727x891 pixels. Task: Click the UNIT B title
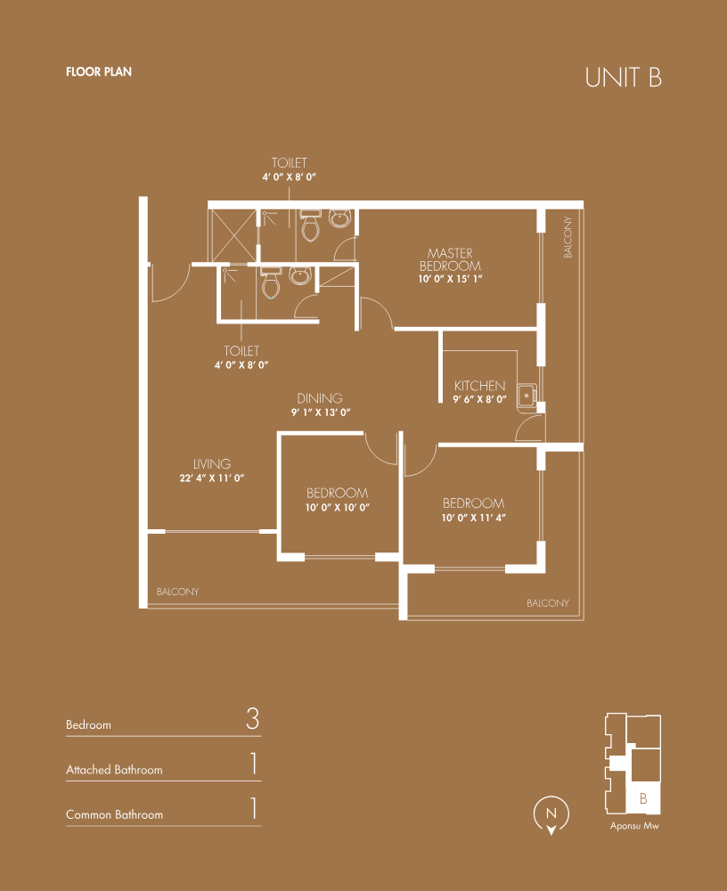[x=624, y=78]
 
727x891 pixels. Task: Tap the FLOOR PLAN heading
[x=99, y=71]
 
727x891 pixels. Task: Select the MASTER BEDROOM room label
[x=450, y=259]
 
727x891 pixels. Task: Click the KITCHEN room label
[x=479, y=386]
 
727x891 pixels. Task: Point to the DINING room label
[x=320, y=398]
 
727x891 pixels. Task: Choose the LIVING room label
[x=212, y=463]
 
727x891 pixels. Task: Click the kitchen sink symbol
[x=527, y=395]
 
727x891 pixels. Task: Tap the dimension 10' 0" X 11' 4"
[x=473, y=518]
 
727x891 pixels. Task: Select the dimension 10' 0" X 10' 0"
[x=338, y=508]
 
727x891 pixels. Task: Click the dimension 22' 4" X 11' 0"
[x=212, y=478]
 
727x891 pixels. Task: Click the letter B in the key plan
[x=643, y=798]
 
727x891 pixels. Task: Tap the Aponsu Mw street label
[x=634, y=826]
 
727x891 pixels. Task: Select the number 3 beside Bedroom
[x=253, y=719]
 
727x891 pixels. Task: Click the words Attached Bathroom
[x=114, y=770]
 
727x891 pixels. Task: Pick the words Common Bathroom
[x=114, y=815]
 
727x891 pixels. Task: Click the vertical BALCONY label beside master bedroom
[x=568, y=237]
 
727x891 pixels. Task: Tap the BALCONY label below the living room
[x=178, y=592]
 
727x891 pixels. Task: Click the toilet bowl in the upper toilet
[x=310, y=226]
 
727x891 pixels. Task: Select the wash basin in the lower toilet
[x=299, y=275]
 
